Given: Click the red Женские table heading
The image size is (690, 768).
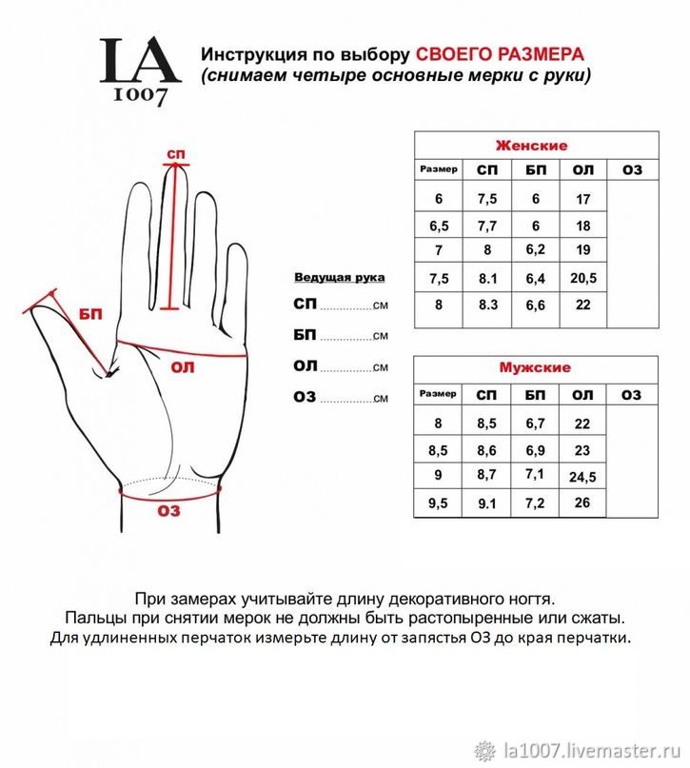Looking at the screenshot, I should coord(531,146).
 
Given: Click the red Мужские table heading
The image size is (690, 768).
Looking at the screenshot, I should coord(535,367).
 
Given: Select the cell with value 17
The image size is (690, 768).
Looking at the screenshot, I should coord(583,200).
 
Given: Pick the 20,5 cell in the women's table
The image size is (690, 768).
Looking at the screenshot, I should coord(583,278).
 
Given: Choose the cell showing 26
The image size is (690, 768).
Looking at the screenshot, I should coord(583,502).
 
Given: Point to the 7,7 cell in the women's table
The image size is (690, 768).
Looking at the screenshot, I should coord(487,226).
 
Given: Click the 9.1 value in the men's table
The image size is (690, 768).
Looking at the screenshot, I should coord(487,504).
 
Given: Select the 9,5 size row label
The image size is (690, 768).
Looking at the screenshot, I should coord(438,503).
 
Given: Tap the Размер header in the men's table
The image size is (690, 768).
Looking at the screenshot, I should coord(438,393).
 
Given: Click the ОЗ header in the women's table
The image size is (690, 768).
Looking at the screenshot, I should coord(632,169).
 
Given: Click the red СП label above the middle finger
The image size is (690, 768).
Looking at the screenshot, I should coord(175,154).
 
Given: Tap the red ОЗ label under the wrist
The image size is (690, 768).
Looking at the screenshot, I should coord(168,511).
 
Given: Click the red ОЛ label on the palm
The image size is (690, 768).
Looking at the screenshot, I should coord(182,366).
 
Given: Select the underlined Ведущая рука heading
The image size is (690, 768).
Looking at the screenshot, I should coord(339,277).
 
